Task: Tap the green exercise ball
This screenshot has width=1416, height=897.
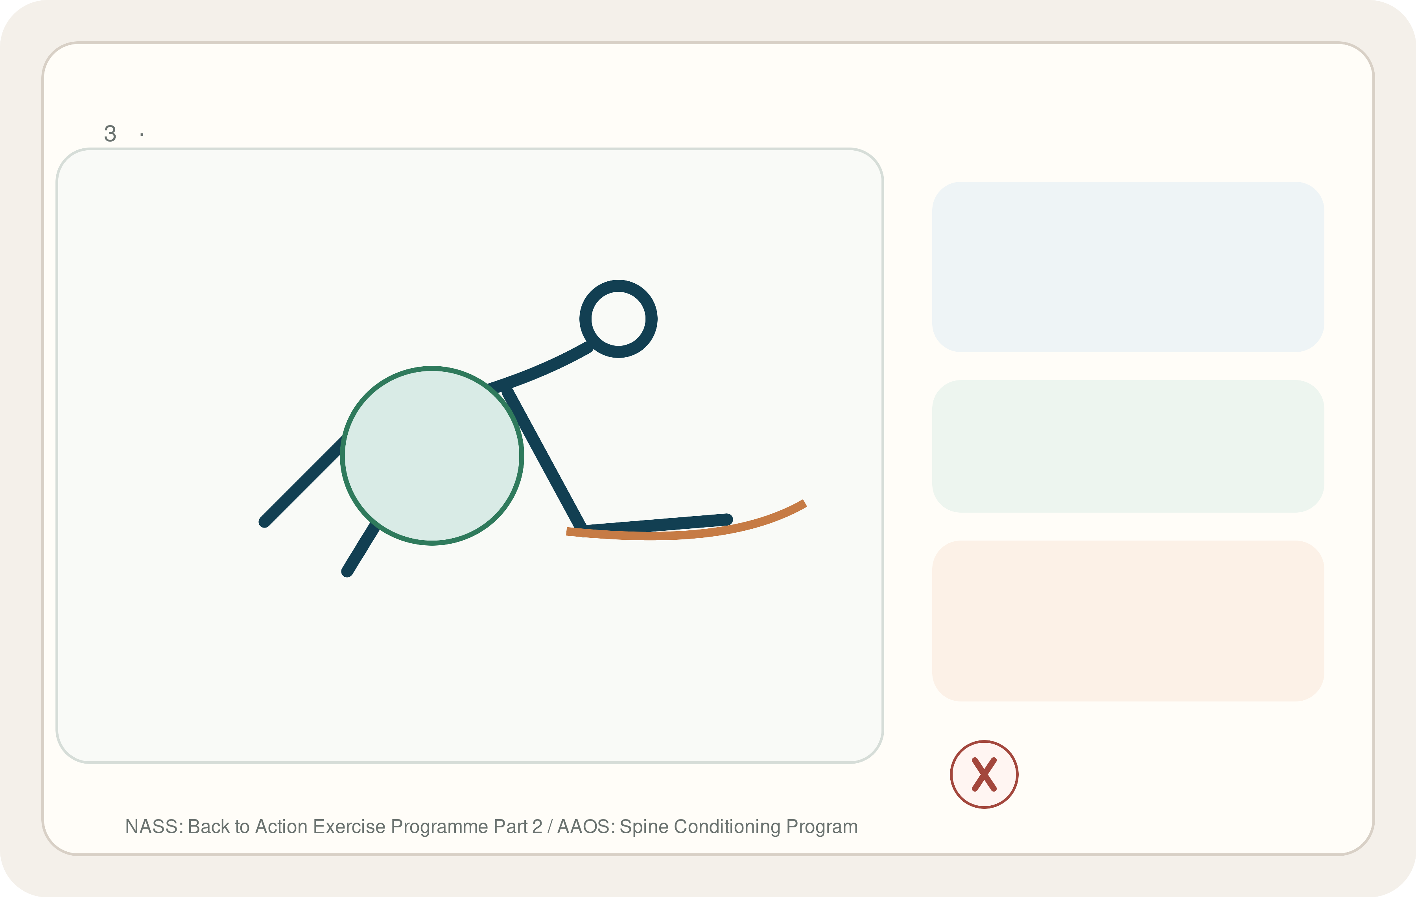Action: (x=432, y=456)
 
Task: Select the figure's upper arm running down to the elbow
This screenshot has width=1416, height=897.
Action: (x=544, y=458)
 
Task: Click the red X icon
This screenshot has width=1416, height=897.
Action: (x=984, y=774)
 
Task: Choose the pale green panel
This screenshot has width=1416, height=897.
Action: (x=1128, y=446)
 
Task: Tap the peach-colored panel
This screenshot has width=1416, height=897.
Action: (x=1128, y=620)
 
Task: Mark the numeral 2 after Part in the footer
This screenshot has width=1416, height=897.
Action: (x=537, y=827)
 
